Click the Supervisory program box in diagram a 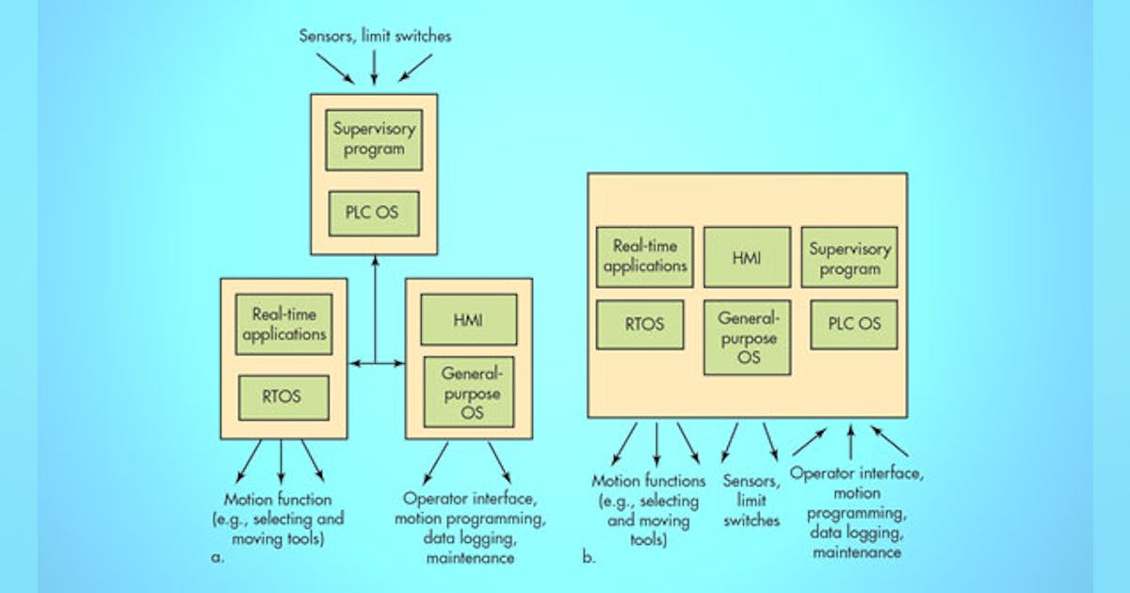[x=374, y=139]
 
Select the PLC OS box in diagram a [x=374, y=213]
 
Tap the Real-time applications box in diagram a [x=283, y=325]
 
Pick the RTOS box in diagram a [x=283, y=397]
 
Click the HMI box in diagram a [x=469, y=320]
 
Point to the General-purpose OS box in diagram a [x=469, y=393]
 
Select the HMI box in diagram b [x=747, y=257]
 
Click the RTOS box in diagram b [x=640, y=325]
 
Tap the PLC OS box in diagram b [x=853, y=325]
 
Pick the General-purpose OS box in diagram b [x=747, y=338]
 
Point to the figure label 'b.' [x=589, y=557]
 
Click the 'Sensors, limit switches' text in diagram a [x=375, y=37]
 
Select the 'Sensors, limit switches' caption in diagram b [x=751, y=500]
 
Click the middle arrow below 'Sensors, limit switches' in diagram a [x=375, y=68]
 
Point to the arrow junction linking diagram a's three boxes [x=375, y=362]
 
